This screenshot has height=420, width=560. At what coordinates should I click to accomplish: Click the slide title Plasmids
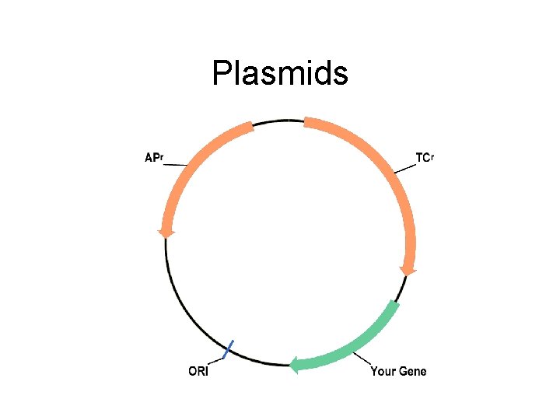point(280,75)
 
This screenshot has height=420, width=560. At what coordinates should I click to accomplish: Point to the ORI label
point(198,371)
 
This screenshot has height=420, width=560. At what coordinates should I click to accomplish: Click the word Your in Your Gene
point(383,371)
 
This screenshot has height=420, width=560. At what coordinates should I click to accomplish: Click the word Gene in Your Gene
point(412,371)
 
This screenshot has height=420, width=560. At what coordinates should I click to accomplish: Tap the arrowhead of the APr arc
point(166,232)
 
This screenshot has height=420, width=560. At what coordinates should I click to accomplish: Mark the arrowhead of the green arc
point(294,364)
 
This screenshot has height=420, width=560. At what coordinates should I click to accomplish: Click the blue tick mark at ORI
point(228,350)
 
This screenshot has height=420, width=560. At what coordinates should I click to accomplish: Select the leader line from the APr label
point(176,164)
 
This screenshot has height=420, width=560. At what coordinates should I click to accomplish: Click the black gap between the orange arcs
point(278,121)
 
